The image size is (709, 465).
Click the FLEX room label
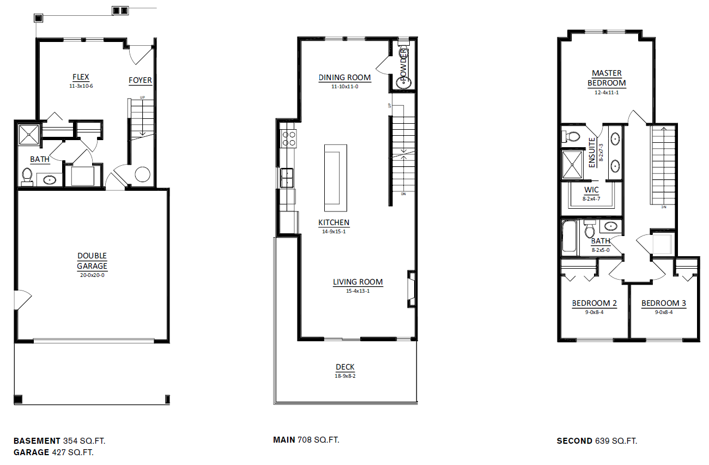81,77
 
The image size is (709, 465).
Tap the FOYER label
140,80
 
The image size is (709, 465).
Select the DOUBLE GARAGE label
92,261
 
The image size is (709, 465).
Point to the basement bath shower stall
28,135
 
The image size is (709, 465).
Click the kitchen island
335,178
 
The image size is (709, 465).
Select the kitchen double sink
286,178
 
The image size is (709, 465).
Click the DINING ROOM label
344,77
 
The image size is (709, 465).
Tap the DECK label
345,367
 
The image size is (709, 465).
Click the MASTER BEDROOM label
607,78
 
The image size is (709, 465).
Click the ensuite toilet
571,136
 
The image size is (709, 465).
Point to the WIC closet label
591,190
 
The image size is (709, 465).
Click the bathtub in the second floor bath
569,237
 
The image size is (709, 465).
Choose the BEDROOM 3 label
663,303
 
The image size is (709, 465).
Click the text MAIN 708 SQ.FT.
306,439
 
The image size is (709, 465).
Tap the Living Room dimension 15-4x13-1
357,291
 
